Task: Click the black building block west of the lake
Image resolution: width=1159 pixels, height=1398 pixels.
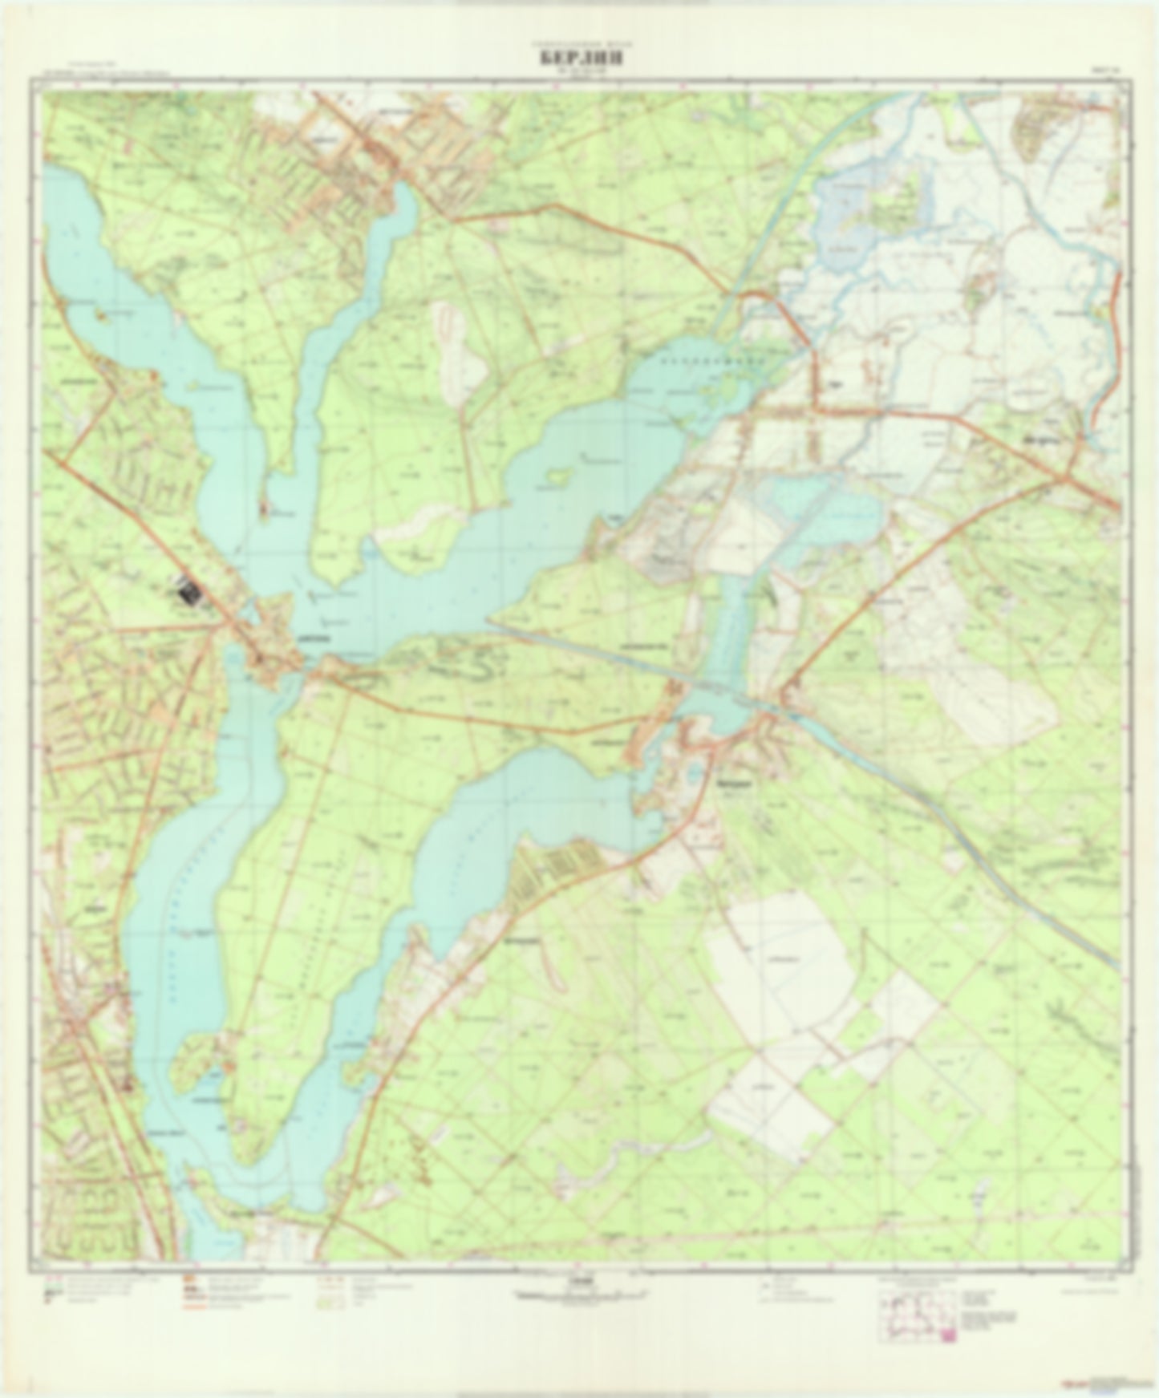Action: point(189,594)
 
